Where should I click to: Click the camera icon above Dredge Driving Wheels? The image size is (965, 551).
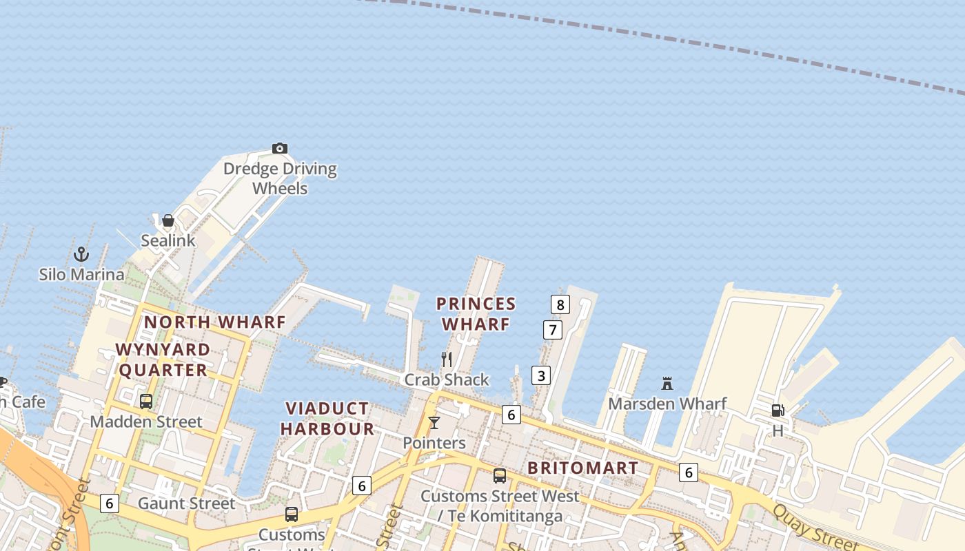click(x=279, y=148)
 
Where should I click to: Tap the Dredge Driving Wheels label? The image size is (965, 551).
click(x=280, y=178)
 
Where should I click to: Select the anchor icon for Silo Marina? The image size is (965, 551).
click(x=81, y=254)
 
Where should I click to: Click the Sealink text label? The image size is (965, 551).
click(x=168, y=240)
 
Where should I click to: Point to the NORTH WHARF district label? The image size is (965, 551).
click(x=214, y=322)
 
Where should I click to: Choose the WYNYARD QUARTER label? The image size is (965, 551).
click(x=163, y=360)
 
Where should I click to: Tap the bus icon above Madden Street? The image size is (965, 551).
click(x=145, y=401)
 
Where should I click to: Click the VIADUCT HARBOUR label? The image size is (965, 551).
click(x=327, y=419)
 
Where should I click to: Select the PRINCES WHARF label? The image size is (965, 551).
click(x=476, y=313)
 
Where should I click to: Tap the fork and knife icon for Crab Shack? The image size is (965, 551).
click(x=447, y=359)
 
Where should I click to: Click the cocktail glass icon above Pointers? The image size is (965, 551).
click(x=434, y=422)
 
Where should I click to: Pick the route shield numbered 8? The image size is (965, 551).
click(x=560, y=304)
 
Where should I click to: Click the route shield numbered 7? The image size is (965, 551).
click(x=552, y=330)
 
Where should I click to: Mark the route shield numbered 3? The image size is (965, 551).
click(x=541, y=375)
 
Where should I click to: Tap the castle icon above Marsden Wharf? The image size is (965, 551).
click(x=667, y=384)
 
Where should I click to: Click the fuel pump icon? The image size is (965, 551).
click(x=778, y=410)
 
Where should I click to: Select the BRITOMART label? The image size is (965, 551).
click(x=582, y=468)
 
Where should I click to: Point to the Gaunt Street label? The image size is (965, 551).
click(x=186, y=503)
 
